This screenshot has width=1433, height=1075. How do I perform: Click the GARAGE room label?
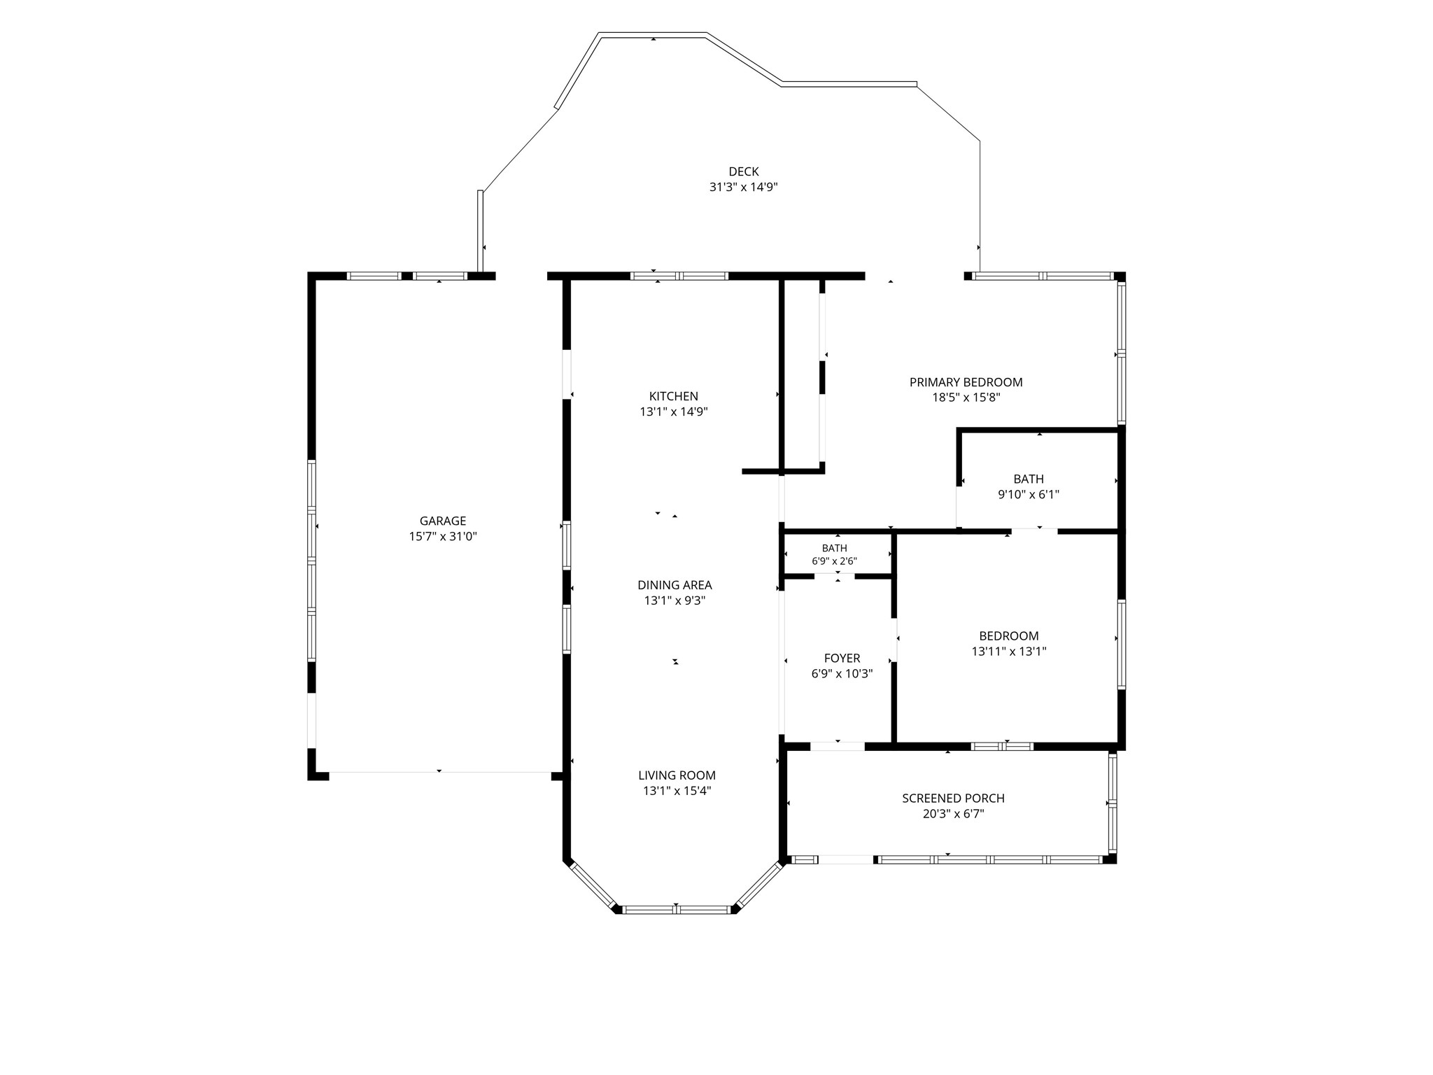(443, 521)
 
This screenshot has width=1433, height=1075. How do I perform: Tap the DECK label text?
(744, 171)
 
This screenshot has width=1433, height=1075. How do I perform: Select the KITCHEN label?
(674, 396)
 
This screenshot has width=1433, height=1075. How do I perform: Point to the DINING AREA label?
(675, 585)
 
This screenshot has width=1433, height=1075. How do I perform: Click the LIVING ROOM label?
(677, 775)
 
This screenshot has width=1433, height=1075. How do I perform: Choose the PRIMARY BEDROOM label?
(966, 382)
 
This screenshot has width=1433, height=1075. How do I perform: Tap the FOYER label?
(842, 659)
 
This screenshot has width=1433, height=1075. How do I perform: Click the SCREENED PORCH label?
(954, 799)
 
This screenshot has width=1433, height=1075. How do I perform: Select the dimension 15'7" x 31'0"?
(443, 537)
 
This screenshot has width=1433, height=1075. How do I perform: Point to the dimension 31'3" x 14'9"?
(744, 188)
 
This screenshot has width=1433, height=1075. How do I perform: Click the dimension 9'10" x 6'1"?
(1029, 495)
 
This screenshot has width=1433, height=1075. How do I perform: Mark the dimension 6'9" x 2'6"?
(835, 561)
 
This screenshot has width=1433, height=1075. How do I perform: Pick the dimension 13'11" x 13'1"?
(1009, 652)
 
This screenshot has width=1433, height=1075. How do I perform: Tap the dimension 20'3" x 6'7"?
(954, 815)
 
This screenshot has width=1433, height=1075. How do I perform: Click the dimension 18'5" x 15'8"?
(966, 398)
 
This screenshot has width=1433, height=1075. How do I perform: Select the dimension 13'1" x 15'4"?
(677, 792)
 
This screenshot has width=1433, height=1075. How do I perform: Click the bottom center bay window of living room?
(676, 910)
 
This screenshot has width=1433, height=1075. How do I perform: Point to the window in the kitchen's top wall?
(679, 276)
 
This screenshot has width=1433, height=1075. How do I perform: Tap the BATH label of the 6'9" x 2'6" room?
(835, 549)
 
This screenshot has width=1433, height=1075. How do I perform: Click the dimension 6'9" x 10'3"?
(842, 675)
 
